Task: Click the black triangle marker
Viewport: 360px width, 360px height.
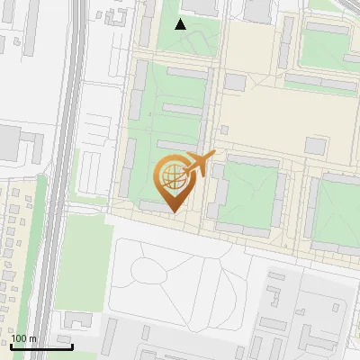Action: pyautogui.click(x=181, y=24)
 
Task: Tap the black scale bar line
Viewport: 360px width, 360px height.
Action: pyautogui.click(x=41, y=346)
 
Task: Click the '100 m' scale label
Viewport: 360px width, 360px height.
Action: pyautogui.click(x=24, y=338)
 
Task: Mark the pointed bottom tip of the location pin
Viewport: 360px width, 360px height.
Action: pyautogui.click(x=173, y=213)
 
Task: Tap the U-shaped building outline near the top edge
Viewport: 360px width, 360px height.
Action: pyautogui.click(x=114, y=15)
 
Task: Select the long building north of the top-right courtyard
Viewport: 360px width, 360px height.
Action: pyautogui.click(x=328, y=28)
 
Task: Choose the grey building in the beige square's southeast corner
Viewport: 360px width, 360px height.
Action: pyautogui.click(x=315, y=145)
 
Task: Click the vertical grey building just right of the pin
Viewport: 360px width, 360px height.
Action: pyautogui.click(x=218, y=193)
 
